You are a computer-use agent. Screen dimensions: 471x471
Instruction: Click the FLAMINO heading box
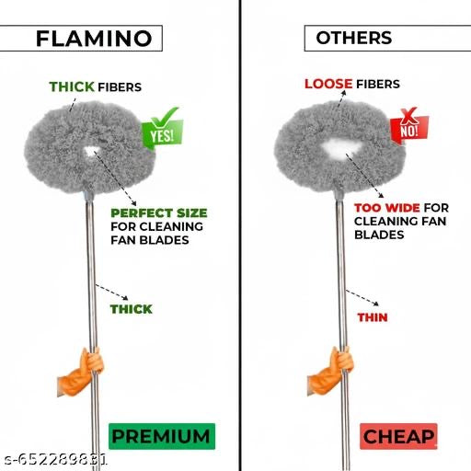(x=93, y=38)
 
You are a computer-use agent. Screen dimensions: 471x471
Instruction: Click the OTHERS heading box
(x=354, y=38)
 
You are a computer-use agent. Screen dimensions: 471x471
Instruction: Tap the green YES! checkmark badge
(x=161, y=132)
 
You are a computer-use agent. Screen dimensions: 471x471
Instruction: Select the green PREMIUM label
(x=161, y=435)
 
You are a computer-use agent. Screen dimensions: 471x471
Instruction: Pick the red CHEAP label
(x=398, y=435)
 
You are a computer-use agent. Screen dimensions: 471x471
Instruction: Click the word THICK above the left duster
(x=72, y=86)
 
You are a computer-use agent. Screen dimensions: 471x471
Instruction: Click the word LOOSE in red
(x=328, y=84)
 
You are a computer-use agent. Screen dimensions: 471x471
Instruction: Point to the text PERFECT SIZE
(x=158, y=213)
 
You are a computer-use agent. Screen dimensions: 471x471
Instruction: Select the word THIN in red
(x=373, y=317)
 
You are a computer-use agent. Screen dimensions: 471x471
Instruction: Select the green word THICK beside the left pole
(x=131, y=309)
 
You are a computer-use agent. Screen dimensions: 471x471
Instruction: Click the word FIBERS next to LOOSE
(x=378, y=84)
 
